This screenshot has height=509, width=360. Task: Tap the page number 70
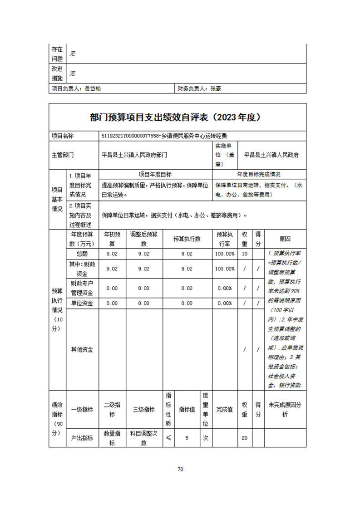point(180,469)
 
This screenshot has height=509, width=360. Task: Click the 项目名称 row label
point(63,136)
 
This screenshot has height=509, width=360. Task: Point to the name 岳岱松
point(93,89)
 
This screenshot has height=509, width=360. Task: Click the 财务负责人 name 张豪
point(216,89)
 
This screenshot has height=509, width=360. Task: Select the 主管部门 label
point(63,155)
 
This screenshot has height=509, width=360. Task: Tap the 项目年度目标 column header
point(155,174)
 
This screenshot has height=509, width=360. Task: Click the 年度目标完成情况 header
point(259,174)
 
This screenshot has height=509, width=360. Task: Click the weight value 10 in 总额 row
point(245,254)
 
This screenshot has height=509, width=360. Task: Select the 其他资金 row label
point(82,349)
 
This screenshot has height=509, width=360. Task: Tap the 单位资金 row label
point(82,303)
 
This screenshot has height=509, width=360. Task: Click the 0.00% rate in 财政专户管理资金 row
point(225,288)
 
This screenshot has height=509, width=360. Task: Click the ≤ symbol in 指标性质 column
point(168,438)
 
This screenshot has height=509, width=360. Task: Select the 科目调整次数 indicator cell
point(143,438)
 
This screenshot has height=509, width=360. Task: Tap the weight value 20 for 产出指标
point(245,438)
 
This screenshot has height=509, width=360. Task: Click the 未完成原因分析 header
point(285,409)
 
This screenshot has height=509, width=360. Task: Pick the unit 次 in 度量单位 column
point(205,438)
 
